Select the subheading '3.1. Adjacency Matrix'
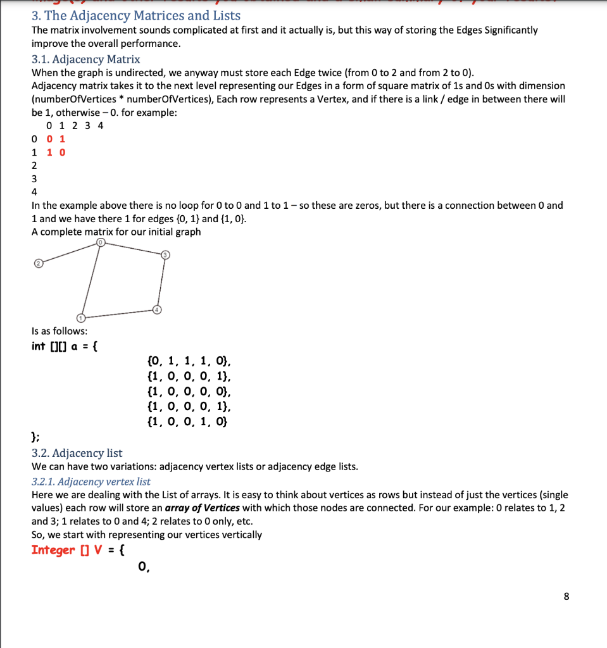(85, 59)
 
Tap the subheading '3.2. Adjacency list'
(77, 453)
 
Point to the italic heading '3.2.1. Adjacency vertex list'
(91, 482)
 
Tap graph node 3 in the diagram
(166, 254)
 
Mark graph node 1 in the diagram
(80, 317)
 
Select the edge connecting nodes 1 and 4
(118, 313)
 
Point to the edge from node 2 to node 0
(68, 252)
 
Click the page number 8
(566, 596)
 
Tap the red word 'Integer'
(53, 549)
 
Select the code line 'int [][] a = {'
(64, 346)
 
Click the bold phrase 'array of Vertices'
(203, 508)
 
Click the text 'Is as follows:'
(59, 330)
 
